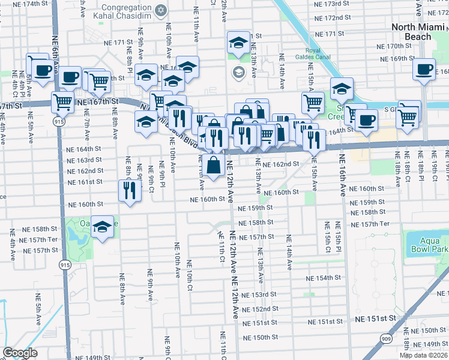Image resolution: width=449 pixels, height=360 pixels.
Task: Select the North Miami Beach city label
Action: pyautogui.click(x=420, y=32)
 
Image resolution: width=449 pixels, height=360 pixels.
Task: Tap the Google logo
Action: pyautogui.click(x=20, y=353)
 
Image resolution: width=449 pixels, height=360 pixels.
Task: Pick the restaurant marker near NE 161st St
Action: pyautogui.click(x=130, y=190)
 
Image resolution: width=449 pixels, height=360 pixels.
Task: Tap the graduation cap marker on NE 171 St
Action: pyautogui.click(x=238, y=43)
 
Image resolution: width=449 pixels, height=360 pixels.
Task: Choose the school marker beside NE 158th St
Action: pyautogui.click(x=103, y=227)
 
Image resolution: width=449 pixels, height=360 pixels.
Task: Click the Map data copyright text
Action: pyautogui.click(x=424, y=355)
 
